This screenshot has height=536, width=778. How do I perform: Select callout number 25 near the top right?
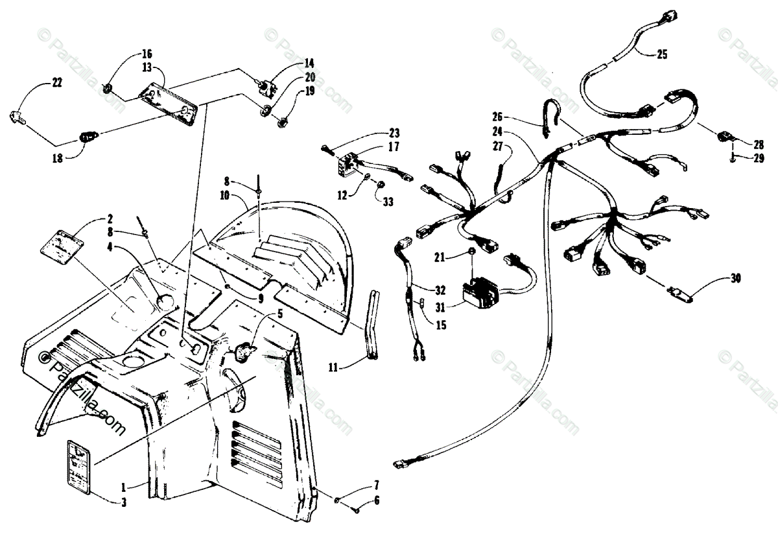tap(661, 54)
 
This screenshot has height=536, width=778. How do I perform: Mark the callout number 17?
tap(394, 148)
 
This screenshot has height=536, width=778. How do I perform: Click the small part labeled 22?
tap(18, 117)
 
